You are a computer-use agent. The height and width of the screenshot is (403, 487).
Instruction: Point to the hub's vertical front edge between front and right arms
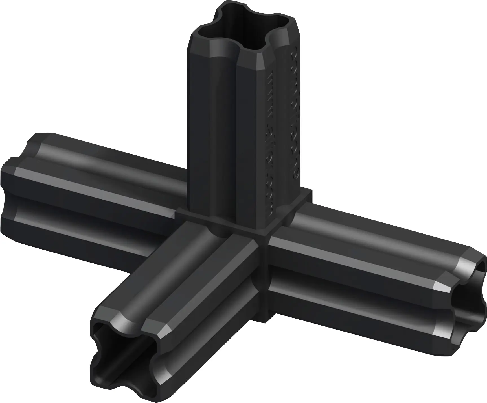coord(264,280)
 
